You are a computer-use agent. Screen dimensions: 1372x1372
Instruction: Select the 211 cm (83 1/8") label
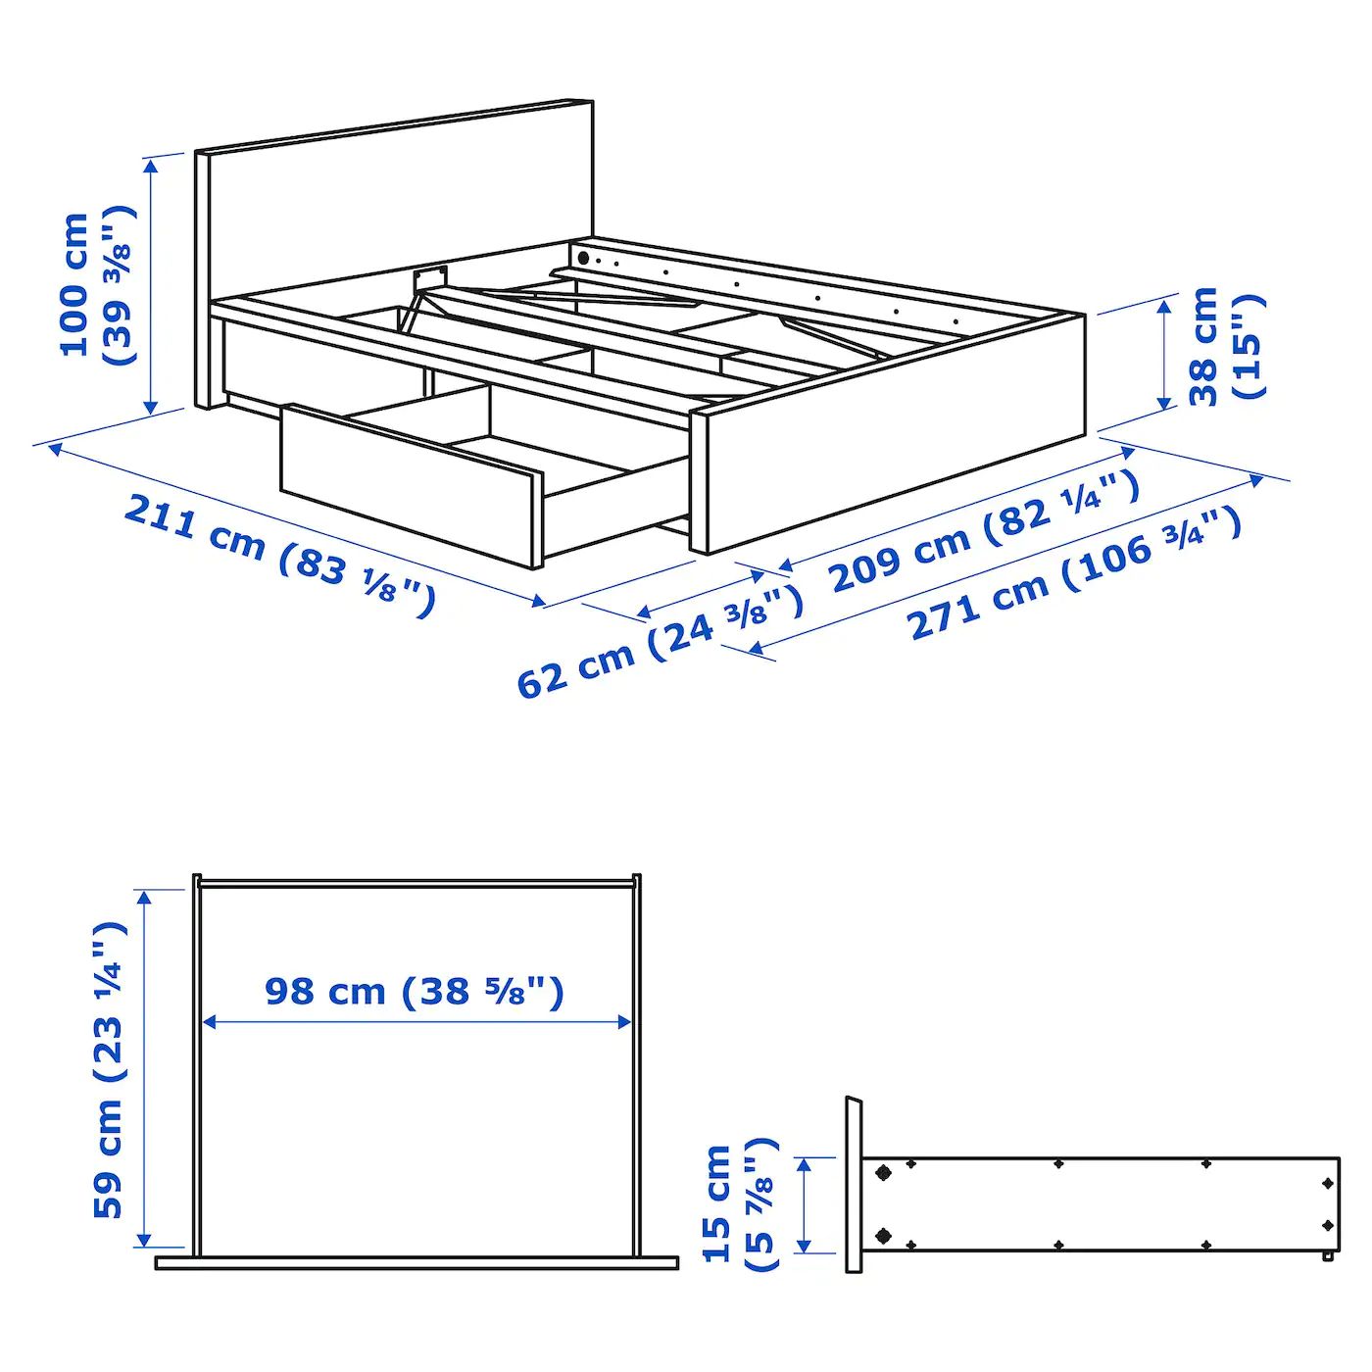(279, 555)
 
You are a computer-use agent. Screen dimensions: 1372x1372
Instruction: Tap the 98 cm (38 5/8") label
(415, 992)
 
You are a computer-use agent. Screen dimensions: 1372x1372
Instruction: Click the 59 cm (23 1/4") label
(108, 1069)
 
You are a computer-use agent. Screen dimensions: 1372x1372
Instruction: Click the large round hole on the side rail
(583, 258)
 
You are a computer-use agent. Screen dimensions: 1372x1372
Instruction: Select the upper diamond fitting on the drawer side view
(883, 1172)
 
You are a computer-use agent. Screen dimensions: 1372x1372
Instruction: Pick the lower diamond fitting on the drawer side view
(883, 1236)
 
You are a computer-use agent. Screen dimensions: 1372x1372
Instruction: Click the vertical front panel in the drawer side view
(854, 1186)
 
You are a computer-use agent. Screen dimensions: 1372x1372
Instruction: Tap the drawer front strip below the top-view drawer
(416, 1263)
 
